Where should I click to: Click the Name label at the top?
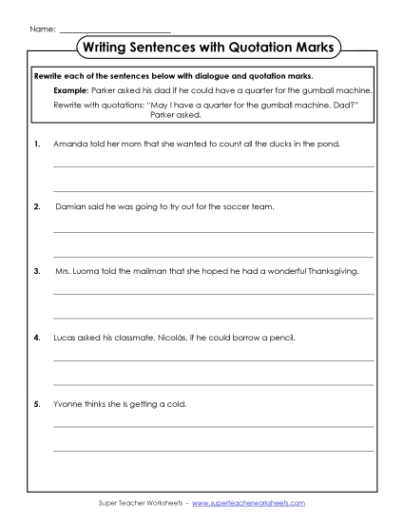43,30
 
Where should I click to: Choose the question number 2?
36,205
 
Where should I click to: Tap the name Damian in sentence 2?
72,205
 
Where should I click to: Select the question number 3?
36,271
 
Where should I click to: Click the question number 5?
36,402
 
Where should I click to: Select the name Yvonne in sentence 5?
69,402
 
